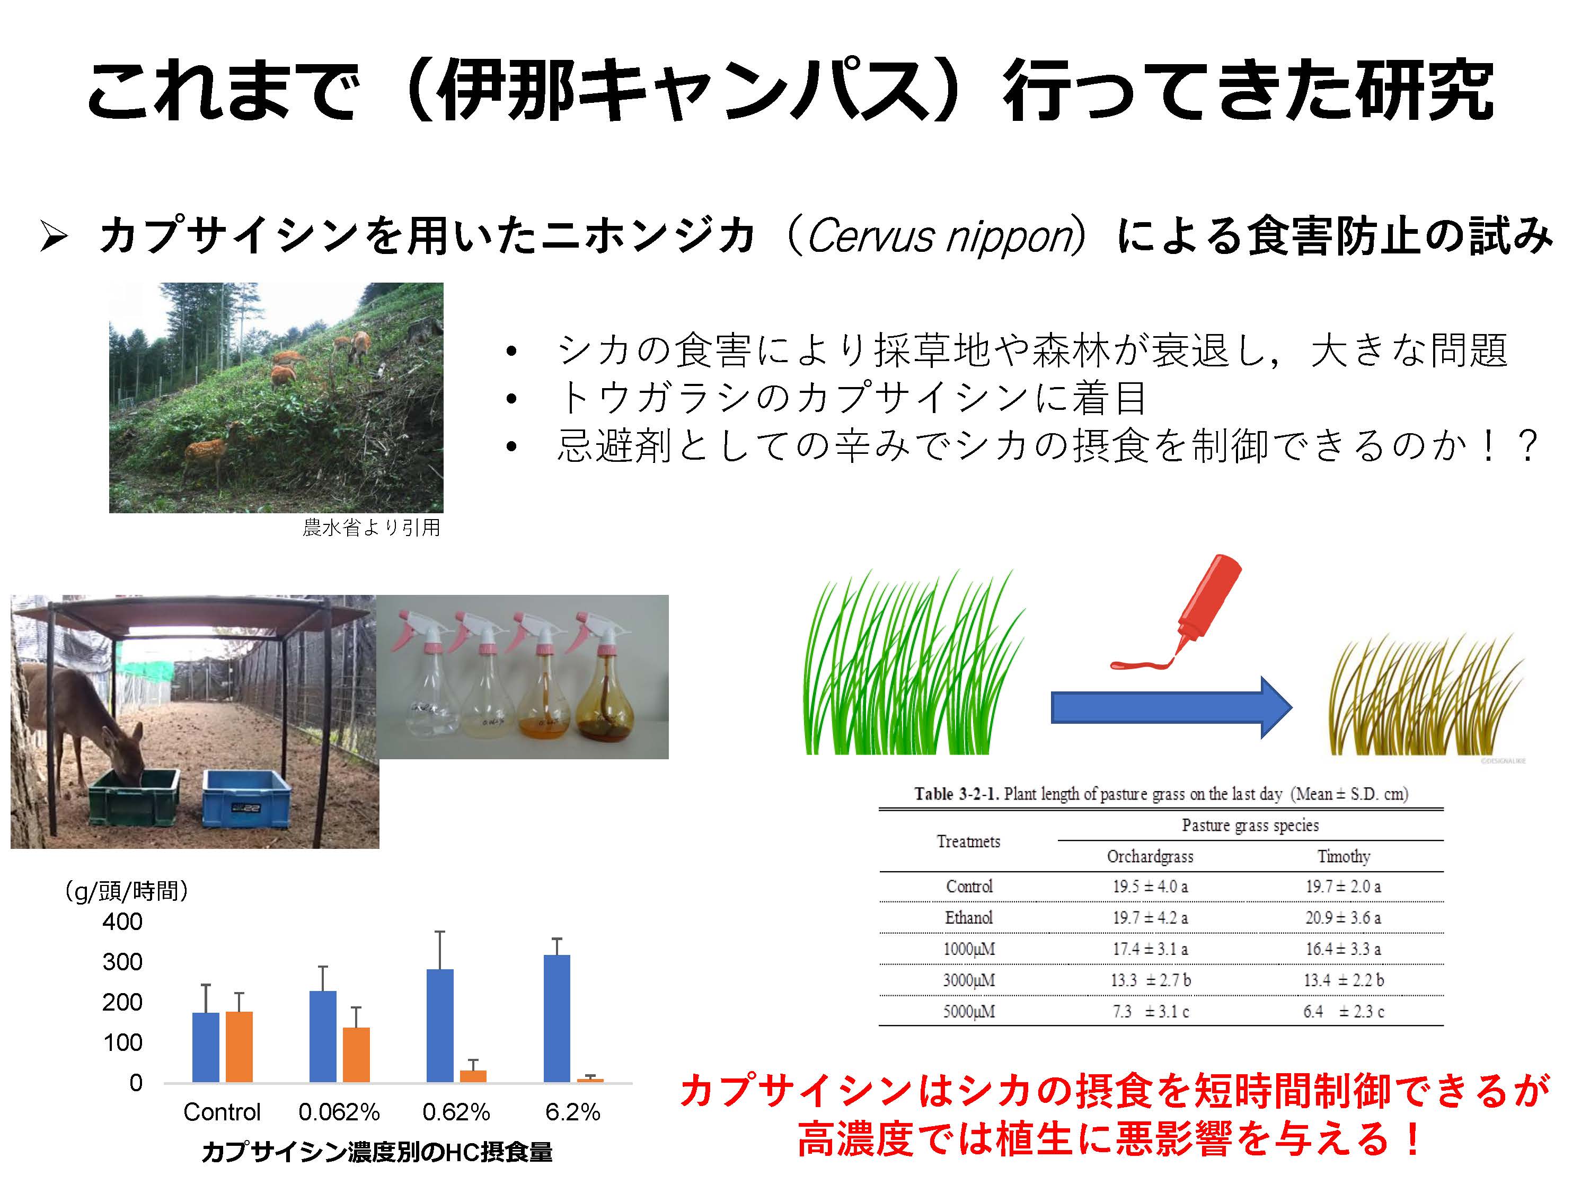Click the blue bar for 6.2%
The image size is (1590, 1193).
557,1018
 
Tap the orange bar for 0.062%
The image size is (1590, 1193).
357,1055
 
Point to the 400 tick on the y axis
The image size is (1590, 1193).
122,921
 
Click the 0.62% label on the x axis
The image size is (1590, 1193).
456,1112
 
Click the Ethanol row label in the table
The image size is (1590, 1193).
968,918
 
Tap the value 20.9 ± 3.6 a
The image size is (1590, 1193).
1342,918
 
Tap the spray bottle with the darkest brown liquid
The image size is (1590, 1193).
606,680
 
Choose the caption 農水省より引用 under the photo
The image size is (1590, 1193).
371,527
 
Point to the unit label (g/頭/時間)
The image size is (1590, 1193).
127,891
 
